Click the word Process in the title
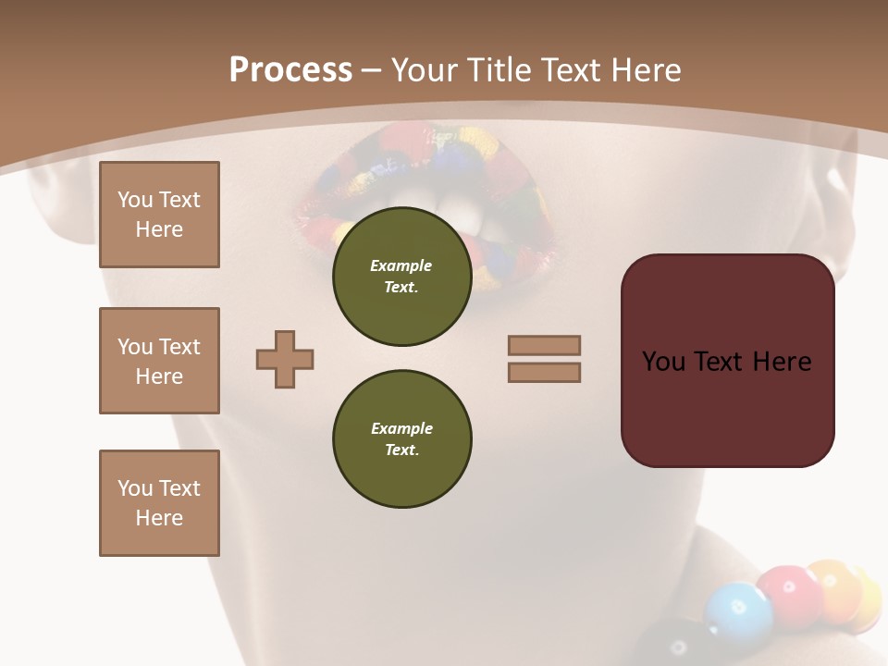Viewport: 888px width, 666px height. [290, 70]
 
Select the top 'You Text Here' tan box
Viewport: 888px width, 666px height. [159, 215]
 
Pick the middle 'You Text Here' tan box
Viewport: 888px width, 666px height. [159, 361]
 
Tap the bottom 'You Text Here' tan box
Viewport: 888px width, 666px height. [159, 503]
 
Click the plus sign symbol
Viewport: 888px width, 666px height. [285, 359]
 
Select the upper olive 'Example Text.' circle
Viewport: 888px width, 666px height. [401, 277]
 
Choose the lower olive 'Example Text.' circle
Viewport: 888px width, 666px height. [401, 439]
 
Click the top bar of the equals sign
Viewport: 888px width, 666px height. [545, 345]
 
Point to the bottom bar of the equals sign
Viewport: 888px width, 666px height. [545, 372]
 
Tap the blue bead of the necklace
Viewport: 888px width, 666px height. [737, 610]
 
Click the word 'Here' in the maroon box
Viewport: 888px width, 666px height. [782, 362]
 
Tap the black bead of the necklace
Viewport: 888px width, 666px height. [675, 647]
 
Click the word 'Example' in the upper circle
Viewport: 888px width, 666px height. [401, 265]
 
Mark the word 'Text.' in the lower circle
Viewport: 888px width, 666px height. [401, 450]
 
